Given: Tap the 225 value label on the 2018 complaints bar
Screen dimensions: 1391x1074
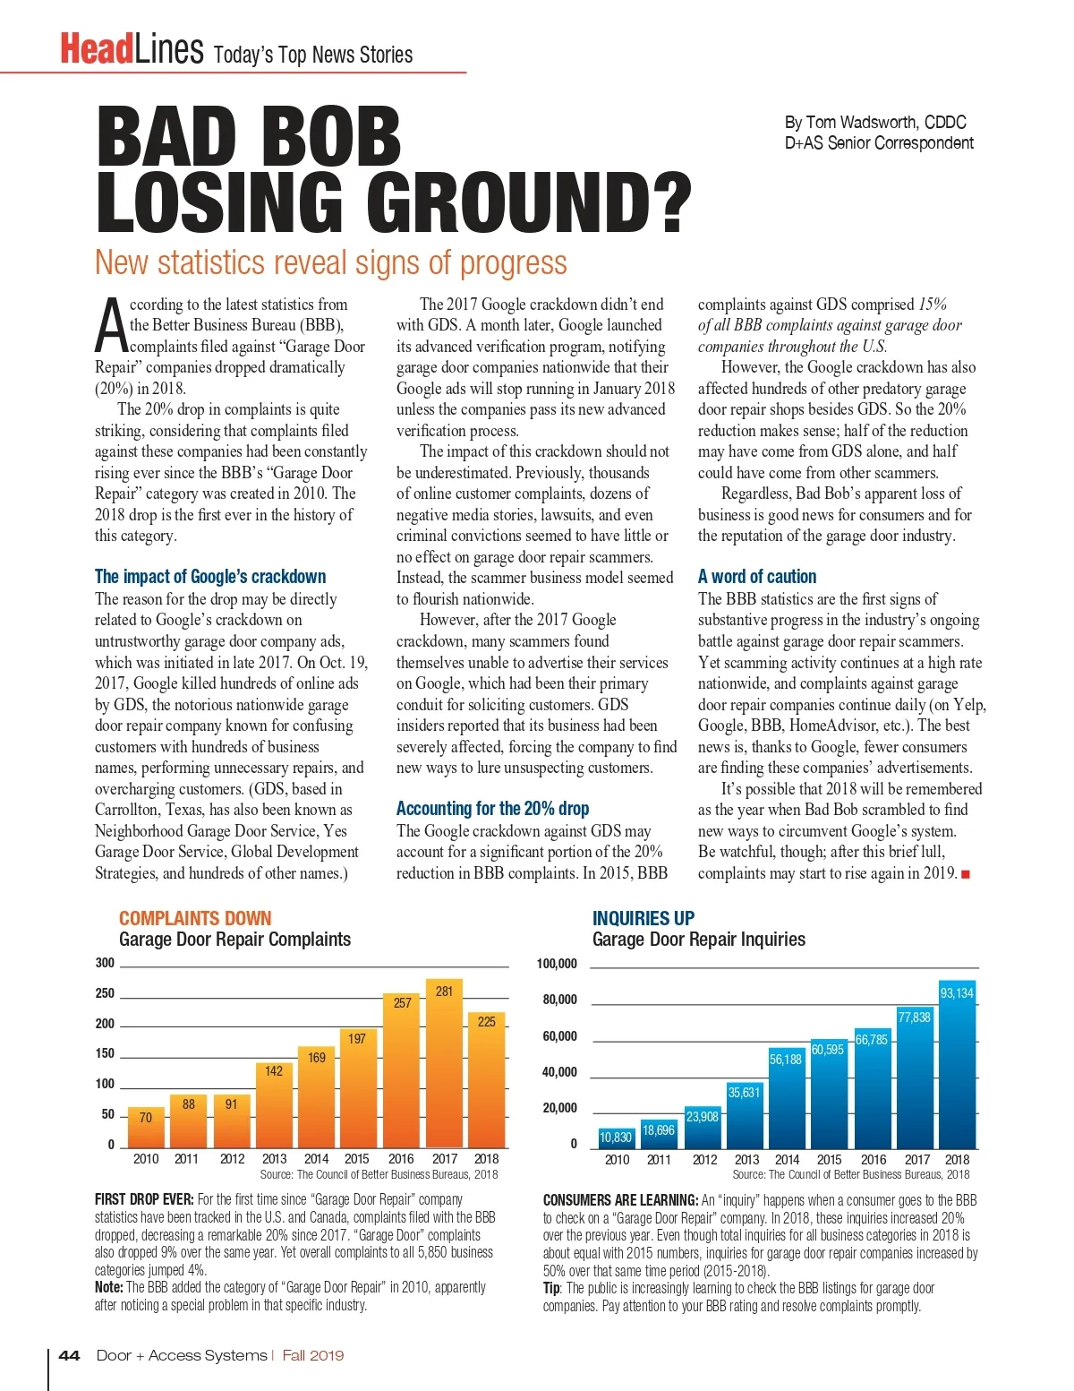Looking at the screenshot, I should click(486, 1021).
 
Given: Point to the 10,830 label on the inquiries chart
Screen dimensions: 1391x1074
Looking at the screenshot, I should click(616, 1137).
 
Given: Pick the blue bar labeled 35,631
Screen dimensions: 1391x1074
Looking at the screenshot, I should click(744, 1114).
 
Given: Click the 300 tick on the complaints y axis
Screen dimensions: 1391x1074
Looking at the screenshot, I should click(106, 963).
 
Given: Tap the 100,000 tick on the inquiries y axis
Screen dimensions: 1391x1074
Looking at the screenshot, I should click(557, 964).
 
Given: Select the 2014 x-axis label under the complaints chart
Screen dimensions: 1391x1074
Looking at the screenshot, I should click(316, 1158).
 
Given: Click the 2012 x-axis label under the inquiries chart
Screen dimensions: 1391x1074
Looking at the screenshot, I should click(704, 1159).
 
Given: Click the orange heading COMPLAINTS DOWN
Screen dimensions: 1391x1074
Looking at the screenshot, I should click(195, 918).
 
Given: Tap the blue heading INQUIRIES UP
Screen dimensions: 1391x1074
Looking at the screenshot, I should click(643, 918).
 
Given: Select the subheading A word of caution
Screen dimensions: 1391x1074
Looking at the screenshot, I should click(756, 576).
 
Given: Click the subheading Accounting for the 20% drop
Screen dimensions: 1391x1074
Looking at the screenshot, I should click(492, 808).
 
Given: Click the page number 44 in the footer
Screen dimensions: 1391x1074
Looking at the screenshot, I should click(69, 1355).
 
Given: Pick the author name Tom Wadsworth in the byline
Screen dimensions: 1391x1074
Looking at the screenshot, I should click(862, 123).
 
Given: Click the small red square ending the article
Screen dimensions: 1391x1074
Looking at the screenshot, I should click(966, 873).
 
